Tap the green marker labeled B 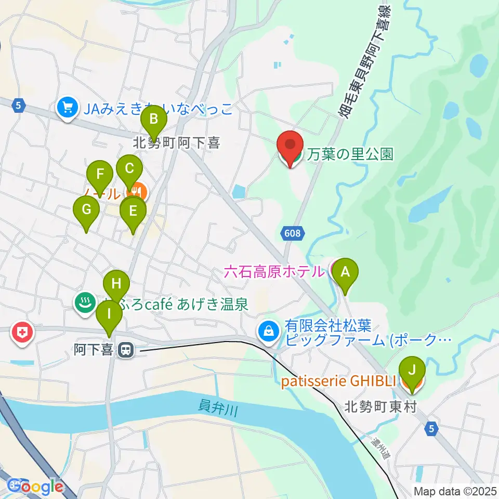coord(153,120)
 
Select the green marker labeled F coord(100,175)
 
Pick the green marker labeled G coord(86,211)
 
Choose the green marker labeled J coord(412,371)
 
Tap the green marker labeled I coord(109,314)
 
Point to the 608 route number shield coord(293,234)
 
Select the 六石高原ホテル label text coord(273,271)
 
